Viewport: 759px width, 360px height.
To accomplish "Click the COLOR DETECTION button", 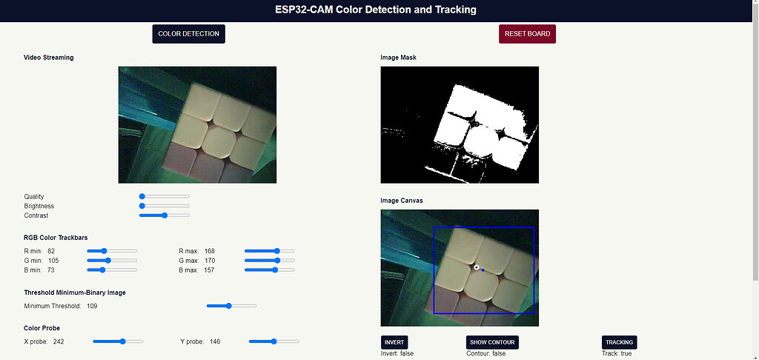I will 188,33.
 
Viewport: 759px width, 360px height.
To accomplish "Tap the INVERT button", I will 394,342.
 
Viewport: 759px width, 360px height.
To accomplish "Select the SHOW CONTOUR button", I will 492,342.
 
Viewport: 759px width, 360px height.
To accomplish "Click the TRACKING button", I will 619,342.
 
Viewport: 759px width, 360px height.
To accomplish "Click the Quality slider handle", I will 142,196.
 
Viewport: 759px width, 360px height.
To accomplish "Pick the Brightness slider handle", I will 142,206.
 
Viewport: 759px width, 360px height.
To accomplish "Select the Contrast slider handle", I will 165,216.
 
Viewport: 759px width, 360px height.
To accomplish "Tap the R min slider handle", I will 105,251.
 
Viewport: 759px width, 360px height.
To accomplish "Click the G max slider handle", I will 278,261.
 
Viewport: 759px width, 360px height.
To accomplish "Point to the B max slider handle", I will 276,270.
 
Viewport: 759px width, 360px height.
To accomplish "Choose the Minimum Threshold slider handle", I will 229,306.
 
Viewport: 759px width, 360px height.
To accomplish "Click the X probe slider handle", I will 122,341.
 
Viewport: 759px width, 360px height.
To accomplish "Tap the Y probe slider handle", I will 274,341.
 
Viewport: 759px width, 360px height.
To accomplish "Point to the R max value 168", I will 210,251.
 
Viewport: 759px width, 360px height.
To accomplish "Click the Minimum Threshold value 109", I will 92,306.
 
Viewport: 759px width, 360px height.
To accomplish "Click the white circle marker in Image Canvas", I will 477,267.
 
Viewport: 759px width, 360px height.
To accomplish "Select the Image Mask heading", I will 398,57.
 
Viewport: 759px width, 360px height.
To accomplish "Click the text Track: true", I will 617,354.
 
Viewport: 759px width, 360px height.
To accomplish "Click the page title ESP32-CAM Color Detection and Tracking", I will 379,10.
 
